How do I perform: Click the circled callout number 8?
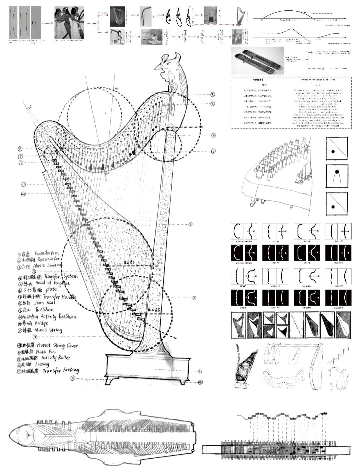tap(20, 148)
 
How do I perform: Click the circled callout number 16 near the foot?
tap(73, 378)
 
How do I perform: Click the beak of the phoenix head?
tap(157, 68)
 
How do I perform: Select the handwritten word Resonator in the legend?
tap(47, 259)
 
